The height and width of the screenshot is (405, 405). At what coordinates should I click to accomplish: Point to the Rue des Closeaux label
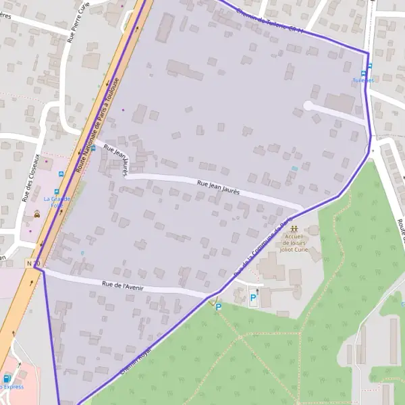tap(28, 183)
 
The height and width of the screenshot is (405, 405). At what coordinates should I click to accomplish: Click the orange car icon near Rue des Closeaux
tap(36, 213)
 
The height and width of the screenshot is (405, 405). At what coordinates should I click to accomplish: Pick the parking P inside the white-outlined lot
tap(253, 297)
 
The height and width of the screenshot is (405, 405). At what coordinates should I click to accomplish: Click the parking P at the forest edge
tap(218, 307)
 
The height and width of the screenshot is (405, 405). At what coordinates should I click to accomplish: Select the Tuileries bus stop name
tap(362, 80)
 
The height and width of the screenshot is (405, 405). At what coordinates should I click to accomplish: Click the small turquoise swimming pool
tap(294, 168)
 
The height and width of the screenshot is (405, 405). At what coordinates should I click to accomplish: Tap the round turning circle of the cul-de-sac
tap(308, 105)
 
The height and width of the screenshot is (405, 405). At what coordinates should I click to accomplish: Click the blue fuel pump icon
tap(7, 379)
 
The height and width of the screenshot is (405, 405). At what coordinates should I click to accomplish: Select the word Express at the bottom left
tap(12, 387)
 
